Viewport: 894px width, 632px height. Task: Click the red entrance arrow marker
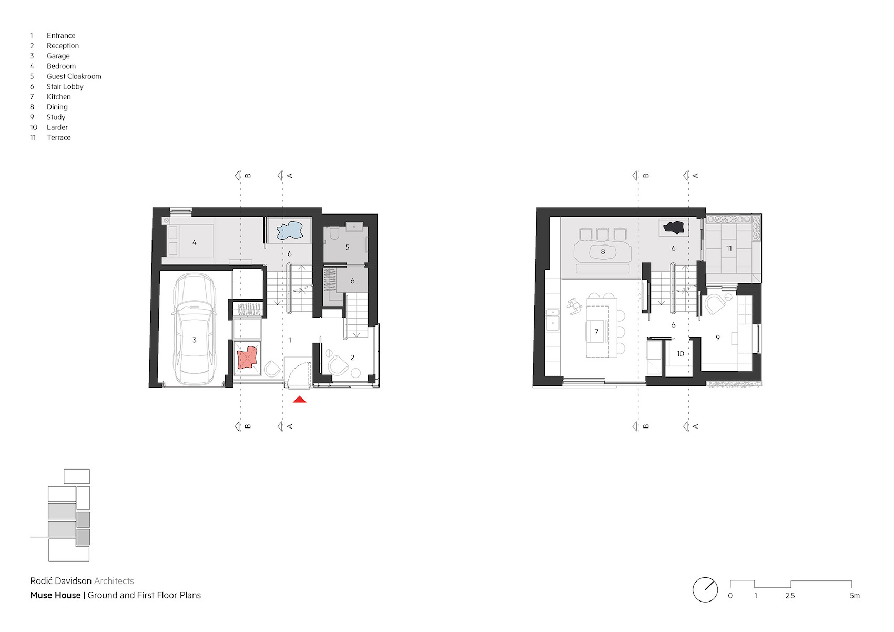pyautogui.click(x=299, y=400)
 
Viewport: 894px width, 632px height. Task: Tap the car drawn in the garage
pyautogui.click(x=195, y=329)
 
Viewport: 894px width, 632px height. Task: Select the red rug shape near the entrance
pyautogui.click(x=248, y=358)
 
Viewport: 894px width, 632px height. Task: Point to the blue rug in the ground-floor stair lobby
pyautogui.click(x=289, y=230)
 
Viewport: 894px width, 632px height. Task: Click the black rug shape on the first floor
pyautogui.click(x=674, y=228)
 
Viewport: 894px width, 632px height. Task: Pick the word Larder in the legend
pyautogui.click(x=57, y=127)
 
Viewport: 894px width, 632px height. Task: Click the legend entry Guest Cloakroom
pyautogui.click(x=74, y=76)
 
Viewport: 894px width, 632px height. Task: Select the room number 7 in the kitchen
pyautogui.click(x=596, y=332)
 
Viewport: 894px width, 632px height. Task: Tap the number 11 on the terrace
pyautogui.click(x=729, y=248)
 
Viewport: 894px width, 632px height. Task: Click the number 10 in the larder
pyautogui.click(x=680, y=353)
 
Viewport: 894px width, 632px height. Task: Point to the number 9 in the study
pyautogui.click(x=718, y=338)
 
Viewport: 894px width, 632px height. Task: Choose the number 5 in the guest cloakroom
pyautogui.click(x=347, y=247)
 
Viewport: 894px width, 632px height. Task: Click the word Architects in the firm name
pyautogui.click(x=114, y=581)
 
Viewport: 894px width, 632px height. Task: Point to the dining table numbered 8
pyautogui.click(x=603, y=252)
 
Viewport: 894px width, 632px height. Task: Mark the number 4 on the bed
pyautogui.click(x=195, y=242)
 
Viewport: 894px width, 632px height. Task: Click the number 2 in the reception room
pyautogui.click(x=352, y=358)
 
